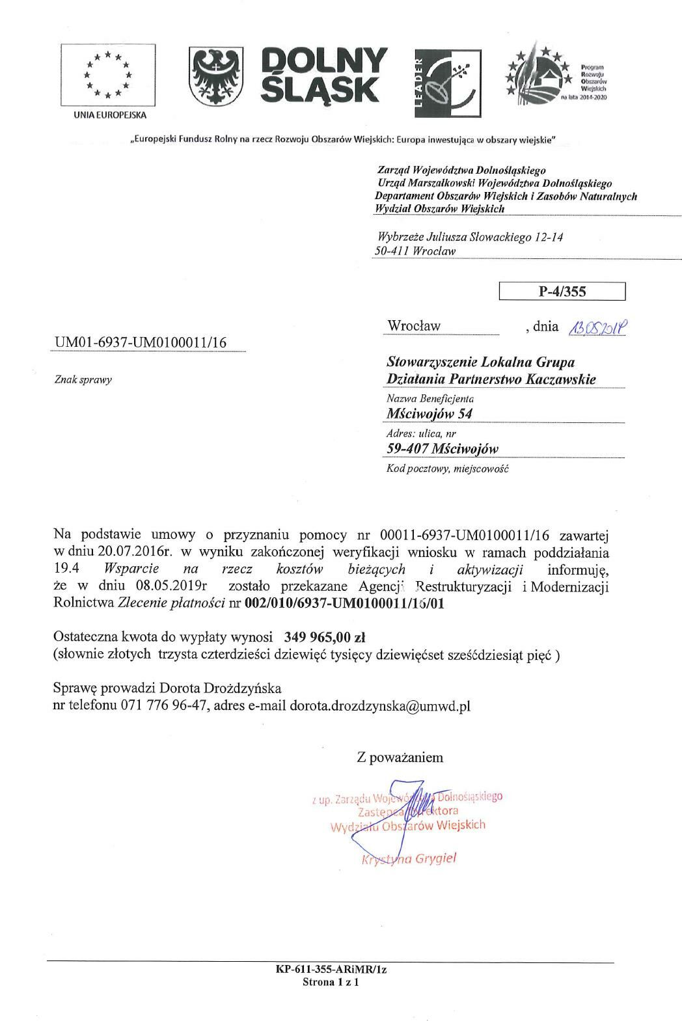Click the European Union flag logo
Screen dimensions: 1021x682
(x=107, y=75)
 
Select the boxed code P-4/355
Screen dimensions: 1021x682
(x=562, y=292)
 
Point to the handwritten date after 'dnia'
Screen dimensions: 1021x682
(x=597, y=328)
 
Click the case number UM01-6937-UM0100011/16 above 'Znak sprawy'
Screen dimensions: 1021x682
(x=141, y=343)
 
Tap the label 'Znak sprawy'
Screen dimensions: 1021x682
(x=83, y=380)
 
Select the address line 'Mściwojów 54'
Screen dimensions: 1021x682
(x=430, y=414)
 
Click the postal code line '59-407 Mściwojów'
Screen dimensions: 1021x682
(x=443, y=449)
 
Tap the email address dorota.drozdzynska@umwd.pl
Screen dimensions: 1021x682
(x=380, y=705)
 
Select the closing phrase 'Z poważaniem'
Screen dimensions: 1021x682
(x=400, y=757)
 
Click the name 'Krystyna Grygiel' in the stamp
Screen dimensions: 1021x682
(x=409, y=858)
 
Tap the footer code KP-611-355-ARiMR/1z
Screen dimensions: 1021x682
(x=331, y=970)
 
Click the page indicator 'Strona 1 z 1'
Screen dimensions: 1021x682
(x=331, y=983)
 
